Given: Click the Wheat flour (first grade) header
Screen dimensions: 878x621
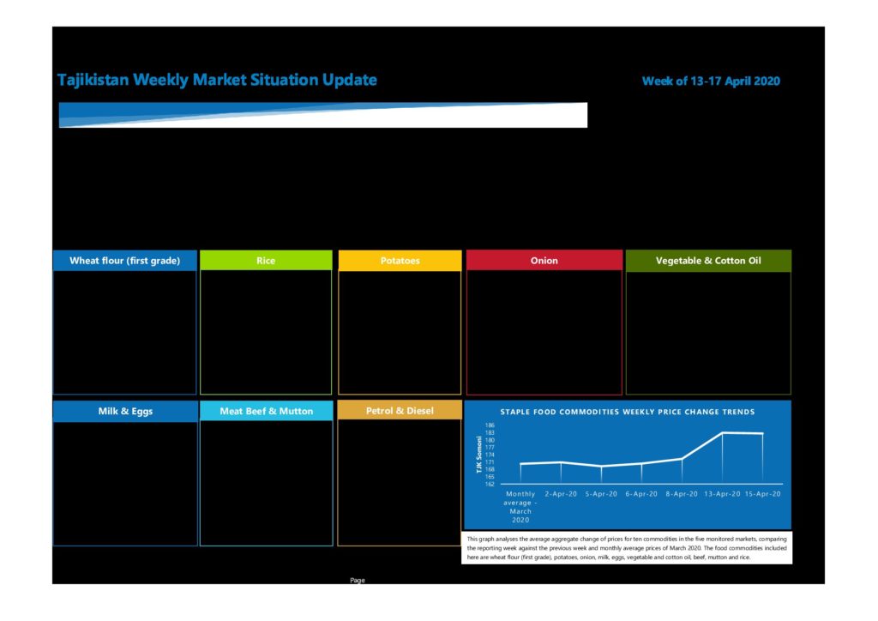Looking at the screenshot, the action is (x=125, y=261).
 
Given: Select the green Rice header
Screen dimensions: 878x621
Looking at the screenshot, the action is (x=266, y=261).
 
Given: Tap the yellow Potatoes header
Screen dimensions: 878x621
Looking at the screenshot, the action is (x=400, y=261).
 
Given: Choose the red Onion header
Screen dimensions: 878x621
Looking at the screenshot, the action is (x=544, y=261).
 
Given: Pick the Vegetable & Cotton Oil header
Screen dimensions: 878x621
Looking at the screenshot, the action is (x=708, y=261).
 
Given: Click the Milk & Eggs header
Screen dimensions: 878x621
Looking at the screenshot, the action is (x=125, y=411).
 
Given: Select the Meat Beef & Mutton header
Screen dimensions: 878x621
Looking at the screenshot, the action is (x=267, y=411).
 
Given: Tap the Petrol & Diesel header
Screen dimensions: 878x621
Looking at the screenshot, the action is (x=400, y=411).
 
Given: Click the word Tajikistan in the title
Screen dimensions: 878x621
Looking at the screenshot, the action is (x=93, y=80).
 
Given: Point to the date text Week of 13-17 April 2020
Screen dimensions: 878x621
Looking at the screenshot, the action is (x=711, y=81).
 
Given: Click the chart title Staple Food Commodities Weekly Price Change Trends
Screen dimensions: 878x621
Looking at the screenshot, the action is (x=627, y=412).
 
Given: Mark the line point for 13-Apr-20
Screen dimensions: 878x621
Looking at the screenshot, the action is (x=722, y=433).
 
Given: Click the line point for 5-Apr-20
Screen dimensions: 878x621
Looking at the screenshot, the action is (x=601, y=466).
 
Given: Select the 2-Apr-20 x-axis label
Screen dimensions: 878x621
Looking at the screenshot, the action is (x=561, y=494).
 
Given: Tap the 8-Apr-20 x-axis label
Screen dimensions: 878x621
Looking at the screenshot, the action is (x=682, y=494).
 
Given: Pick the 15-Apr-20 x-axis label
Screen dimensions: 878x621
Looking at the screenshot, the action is (x=762, y=494).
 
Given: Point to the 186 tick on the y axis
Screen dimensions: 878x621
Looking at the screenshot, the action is (x=490, y=425).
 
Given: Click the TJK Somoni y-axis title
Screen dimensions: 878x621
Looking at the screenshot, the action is (x=479, y=455).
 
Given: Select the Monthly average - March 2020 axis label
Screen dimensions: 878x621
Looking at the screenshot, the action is (x=520, y=507).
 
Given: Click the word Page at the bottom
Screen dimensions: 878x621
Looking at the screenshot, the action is (x=358, y=580).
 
